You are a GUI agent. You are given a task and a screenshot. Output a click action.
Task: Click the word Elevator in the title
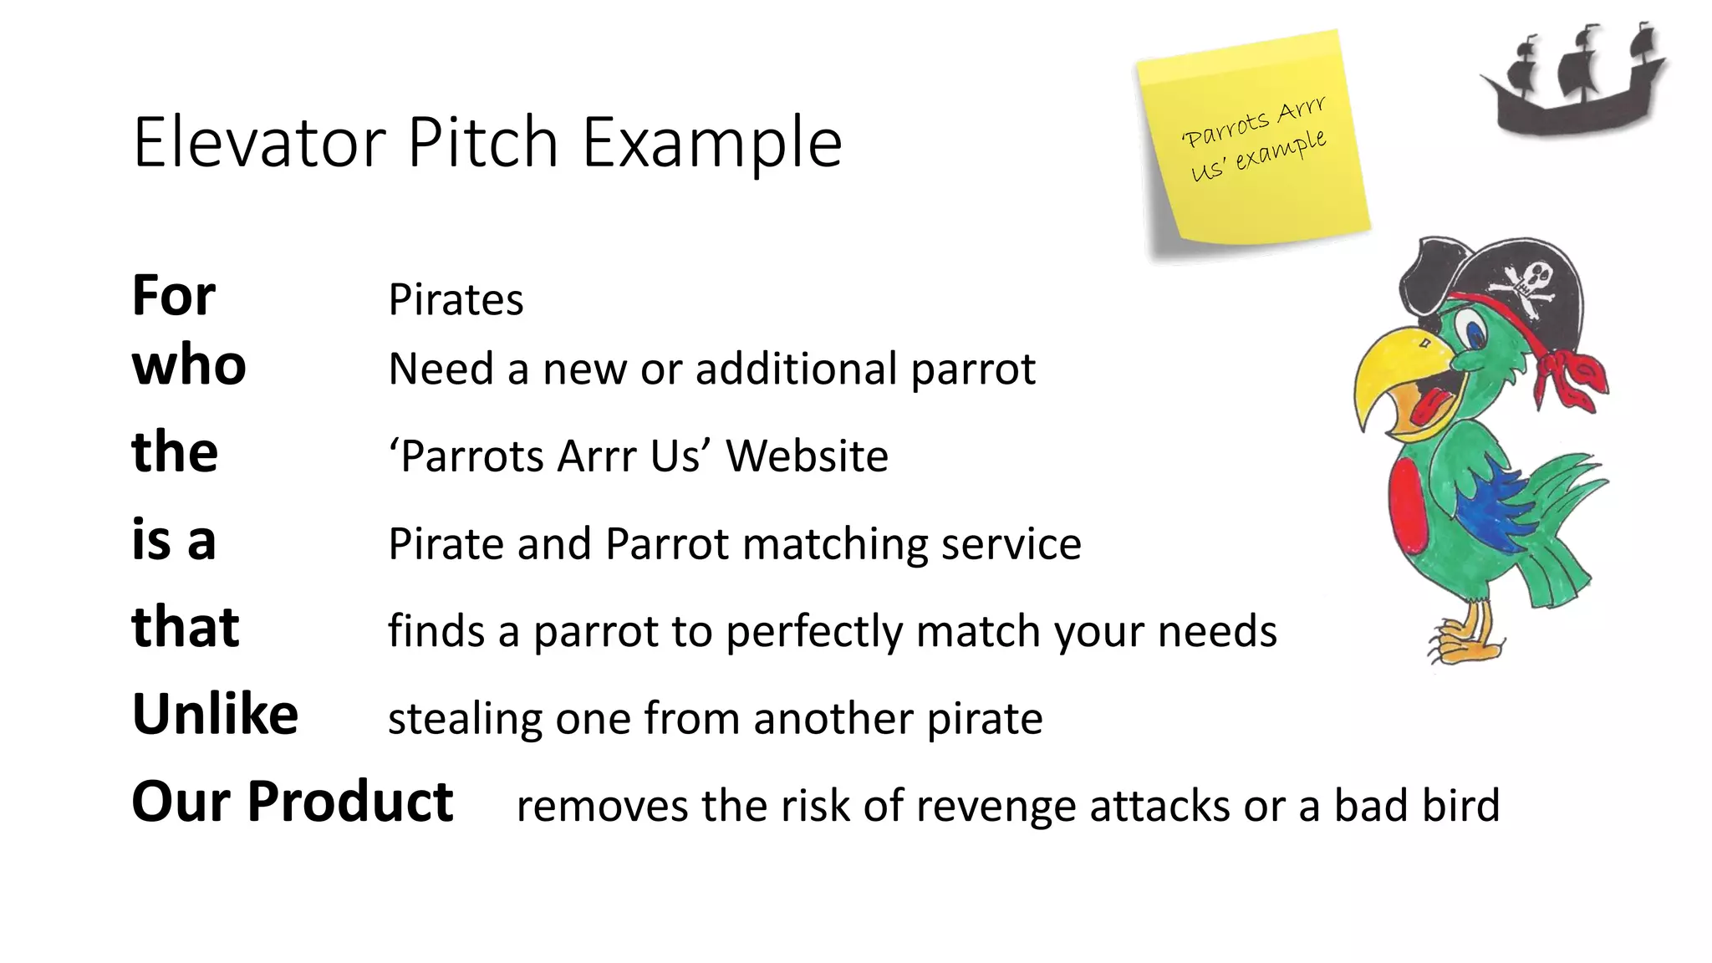pyautogui.click(x=259, y=143)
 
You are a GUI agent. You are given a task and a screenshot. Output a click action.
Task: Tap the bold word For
pyautogui.click(x=174, y=296)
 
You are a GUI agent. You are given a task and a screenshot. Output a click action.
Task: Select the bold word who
pyautogui.click(x=189, y=365)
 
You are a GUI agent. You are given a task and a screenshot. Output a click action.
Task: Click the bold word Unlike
pyautogui.click(x=215, y=715)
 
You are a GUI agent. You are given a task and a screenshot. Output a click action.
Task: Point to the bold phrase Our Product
pyautogui.click(x=292, y=802)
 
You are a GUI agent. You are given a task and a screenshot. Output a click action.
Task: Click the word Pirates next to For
pyautogui.click(x=456, y=300)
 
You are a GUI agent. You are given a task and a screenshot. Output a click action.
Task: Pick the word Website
pyautogui.click(x=807, y=456)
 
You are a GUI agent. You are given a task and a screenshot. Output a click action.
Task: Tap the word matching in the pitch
pyautogui.click(x=835, y=544)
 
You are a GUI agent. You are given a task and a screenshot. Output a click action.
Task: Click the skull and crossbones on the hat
pyautogui.click(x=1530, y=284)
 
